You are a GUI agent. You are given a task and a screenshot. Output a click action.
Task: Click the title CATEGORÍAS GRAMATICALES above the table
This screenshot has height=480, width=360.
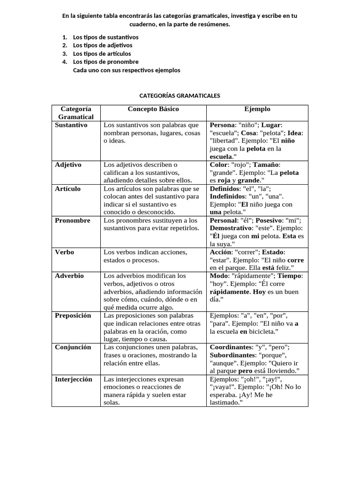pos(180,96)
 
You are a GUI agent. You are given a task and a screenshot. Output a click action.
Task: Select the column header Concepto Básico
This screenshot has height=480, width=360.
pos(153,109)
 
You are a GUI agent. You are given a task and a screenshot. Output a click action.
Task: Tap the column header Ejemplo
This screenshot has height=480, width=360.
pos(257,109)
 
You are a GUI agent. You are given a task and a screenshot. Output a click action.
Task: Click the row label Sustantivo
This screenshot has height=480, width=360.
pos(71,125)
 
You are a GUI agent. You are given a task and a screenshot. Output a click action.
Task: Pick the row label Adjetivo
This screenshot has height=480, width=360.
pos(68,165)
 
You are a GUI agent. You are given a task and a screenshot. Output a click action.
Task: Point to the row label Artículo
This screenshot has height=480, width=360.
pos(68,188)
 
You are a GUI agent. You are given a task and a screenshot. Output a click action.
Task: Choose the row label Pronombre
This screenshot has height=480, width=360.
pos(73,220)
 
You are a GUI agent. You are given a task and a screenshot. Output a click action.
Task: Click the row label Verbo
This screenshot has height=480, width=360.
pos(65,252)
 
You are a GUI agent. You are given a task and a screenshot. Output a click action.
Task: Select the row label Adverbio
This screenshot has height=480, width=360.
pos(69,276)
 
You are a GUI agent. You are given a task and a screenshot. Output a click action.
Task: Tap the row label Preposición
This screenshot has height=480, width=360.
pos(73,315)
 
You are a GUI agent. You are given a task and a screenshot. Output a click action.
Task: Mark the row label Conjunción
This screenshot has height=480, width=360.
pos(73,347)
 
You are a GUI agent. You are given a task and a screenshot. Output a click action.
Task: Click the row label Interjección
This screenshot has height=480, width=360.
pos(74,379)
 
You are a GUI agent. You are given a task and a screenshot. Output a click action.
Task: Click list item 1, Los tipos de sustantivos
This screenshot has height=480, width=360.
pos(105,37)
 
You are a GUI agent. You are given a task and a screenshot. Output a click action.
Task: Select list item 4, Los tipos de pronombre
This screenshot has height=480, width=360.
pos(105,62)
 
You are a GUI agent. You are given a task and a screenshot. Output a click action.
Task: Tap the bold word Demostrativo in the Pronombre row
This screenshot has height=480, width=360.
pos(231,228)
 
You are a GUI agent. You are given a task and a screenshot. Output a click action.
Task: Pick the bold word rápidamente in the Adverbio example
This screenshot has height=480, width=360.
pos(230,292)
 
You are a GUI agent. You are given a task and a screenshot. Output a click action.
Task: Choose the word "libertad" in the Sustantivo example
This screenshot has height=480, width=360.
pos(224,141)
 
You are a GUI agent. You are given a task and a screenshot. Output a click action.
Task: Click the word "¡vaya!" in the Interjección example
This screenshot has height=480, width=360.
pos(222,387)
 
